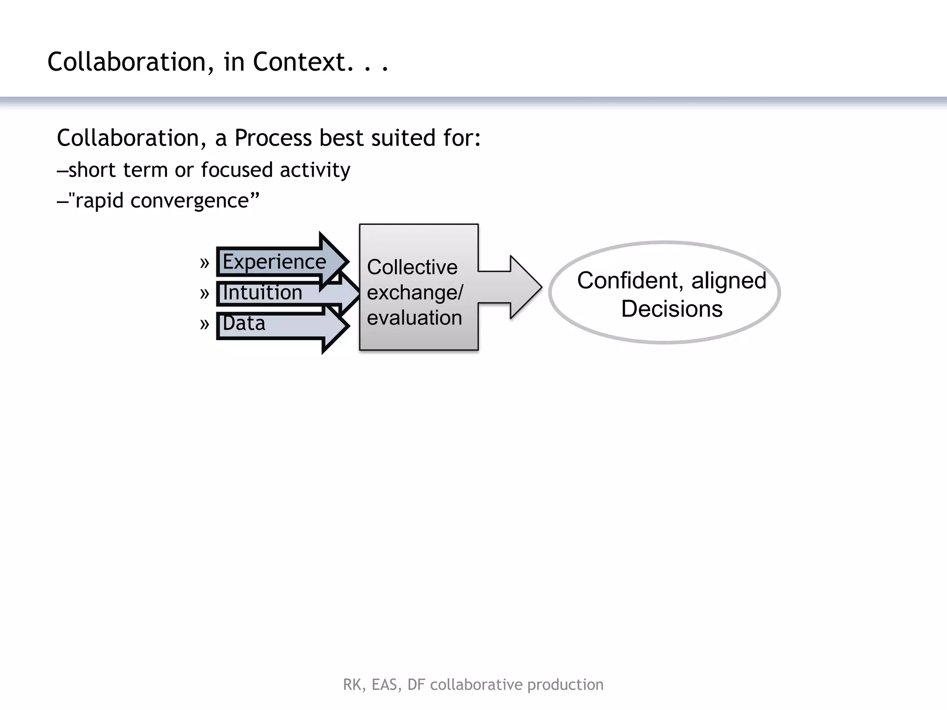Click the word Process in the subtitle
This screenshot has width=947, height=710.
(x=273, y=138)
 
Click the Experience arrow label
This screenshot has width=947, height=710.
(x=274, y=262)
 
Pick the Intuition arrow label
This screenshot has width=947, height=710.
(x=262, y=293)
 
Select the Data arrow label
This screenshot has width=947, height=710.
(x=244, y=323)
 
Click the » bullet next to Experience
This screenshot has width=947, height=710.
(x=204, y=263)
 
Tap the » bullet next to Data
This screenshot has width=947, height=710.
(x=204, y=324)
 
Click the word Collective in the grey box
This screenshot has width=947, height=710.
(x=412, y=267)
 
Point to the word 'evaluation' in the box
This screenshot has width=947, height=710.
(x=414, y=318)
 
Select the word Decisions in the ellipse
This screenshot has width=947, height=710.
(x=671, y=308)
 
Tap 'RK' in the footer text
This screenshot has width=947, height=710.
(x=352, y=685)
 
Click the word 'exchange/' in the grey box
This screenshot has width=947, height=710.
(x=415, y=293)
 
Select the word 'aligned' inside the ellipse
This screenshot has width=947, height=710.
(x=729, y=281)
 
